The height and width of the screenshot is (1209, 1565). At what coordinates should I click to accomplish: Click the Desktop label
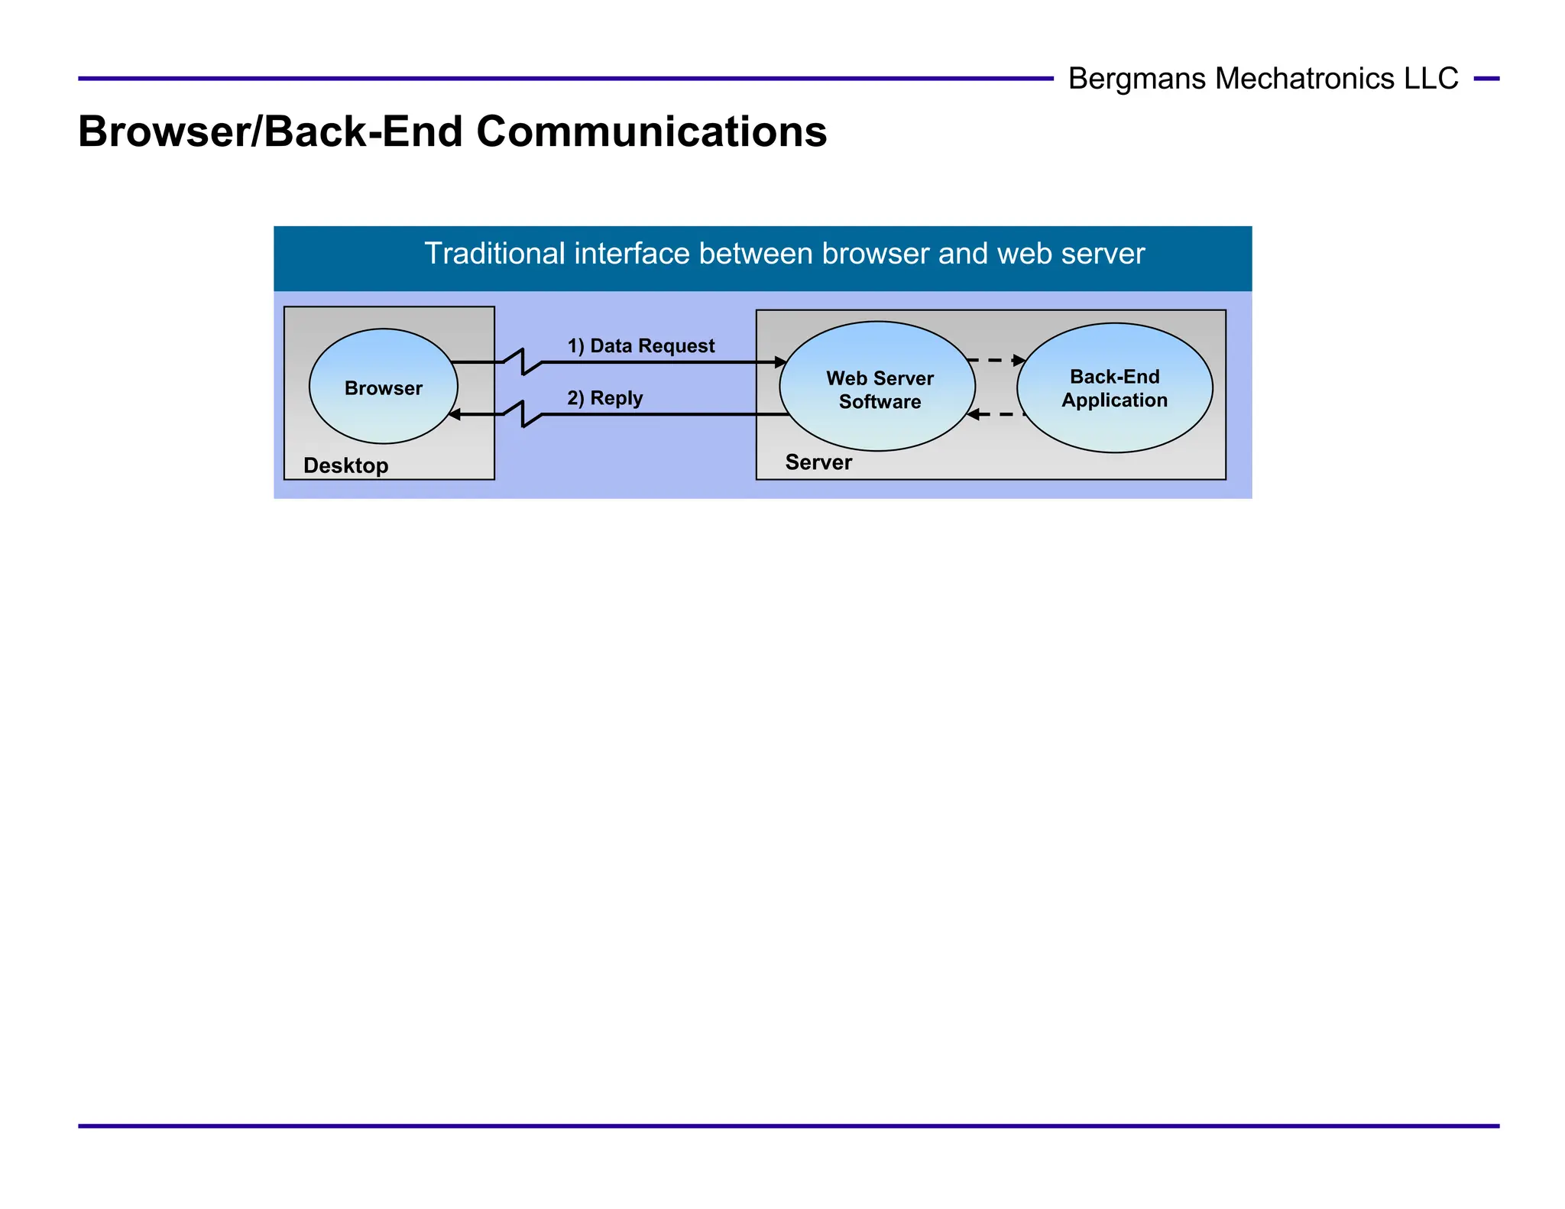(345, 465)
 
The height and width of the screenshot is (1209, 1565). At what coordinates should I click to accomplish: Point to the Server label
(818, 462)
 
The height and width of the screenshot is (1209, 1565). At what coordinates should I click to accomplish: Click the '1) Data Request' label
(640, 346)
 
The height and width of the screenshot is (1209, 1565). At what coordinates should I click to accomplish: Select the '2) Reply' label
(604, 398)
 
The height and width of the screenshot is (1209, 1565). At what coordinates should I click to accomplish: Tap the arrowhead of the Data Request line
(781, 362)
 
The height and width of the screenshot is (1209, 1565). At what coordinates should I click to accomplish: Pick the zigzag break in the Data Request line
(523, 361)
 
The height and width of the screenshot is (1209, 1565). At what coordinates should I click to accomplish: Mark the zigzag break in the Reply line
(523, 413)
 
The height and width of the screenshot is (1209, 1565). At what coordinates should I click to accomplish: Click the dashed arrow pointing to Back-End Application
(996, 359)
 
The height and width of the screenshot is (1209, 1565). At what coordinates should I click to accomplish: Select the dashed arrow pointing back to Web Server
(995, 414)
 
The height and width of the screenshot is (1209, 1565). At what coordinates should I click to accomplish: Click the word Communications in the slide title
(651, 131)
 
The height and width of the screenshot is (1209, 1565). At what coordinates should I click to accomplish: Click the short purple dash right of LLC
(1486, 79)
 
